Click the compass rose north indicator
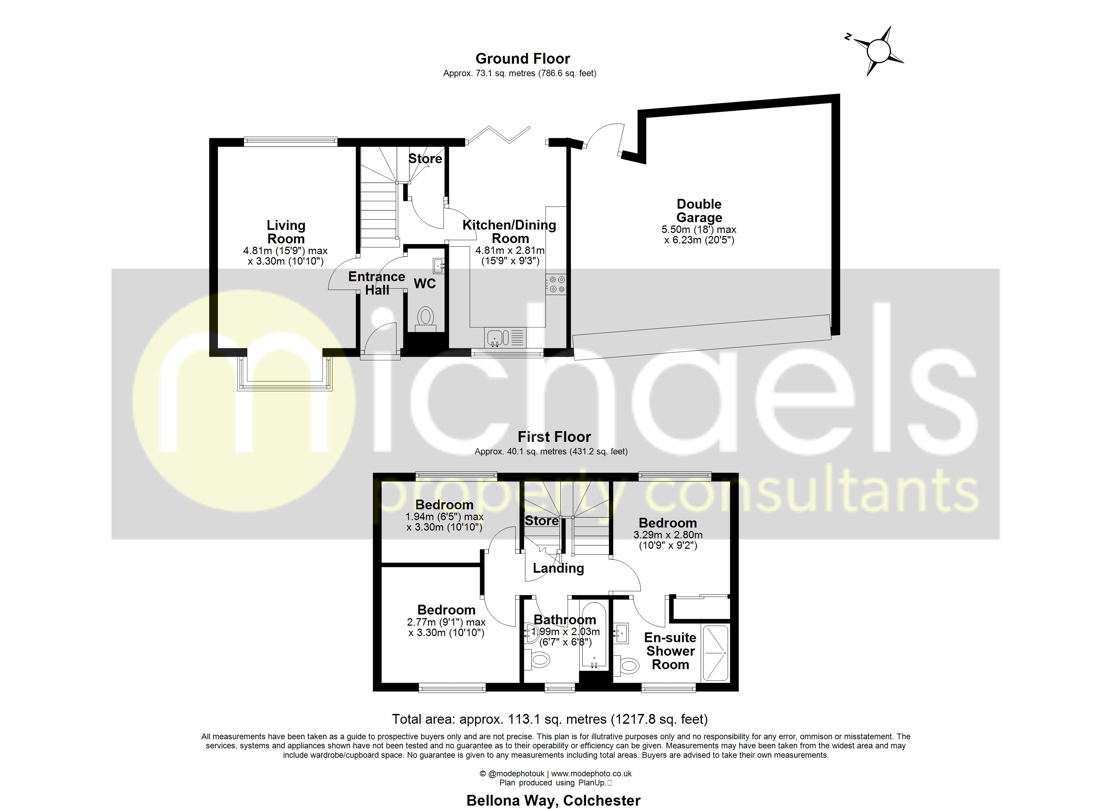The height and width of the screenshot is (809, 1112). pos(848,37)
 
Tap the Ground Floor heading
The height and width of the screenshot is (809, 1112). pos(523,59)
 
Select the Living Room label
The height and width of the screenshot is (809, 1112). pos(286,232)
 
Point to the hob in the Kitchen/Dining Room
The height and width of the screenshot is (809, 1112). pos(556,284)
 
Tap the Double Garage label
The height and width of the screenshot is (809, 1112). pos(699,211)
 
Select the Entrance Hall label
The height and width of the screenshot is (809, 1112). pos(376,283)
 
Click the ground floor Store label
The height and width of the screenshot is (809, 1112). pos(425,158)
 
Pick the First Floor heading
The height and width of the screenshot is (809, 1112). pos(554,437)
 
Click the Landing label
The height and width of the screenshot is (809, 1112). pos(558,568)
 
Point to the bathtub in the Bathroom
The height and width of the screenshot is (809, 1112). pos(594,638)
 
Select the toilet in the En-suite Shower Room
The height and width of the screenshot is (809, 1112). pos(629,666)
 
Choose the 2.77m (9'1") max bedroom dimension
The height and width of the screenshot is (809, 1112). pos(446,622)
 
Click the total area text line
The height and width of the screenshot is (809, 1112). pos(550,719)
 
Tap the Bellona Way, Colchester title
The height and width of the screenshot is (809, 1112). pos(553,801)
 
